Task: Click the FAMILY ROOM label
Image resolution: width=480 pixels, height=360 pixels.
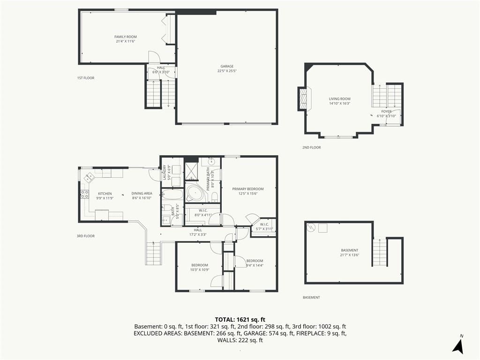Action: pos(126,37)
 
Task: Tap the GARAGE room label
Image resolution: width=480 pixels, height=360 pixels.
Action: pos(227,66)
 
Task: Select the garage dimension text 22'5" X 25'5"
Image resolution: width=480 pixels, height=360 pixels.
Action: pos(227,71)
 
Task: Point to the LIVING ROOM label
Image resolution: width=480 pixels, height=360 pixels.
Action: pos(339,99)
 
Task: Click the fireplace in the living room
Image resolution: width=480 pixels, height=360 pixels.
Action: pos(303,98)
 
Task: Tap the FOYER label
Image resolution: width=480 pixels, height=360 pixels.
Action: pos(386,112)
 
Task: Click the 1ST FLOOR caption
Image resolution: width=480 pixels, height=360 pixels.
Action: pos(86,78)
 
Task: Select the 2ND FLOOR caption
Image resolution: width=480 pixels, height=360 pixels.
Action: pos(312,148)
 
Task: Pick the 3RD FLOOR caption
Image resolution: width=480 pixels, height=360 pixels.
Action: pos(86,236)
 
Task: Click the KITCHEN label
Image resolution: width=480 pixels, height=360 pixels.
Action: pos(105,194)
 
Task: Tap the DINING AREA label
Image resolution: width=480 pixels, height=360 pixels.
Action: pos(142,194)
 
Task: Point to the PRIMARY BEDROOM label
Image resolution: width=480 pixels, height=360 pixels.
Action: pos(247,189)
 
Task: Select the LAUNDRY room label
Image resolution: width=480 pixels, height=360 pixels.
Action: pos(165,172)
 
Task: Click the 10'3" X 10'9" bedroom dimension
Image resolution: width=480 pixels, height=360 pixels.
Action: pos(200,270)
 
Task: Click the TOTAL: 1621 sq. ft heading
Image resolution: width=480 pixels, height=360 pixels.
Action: pos(240,320)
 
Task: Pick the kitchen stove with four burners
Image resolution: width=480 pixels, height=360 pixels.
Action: pos(84,194)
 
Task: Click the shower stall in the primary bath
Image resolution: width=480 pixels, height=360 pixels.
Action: pos(192,171)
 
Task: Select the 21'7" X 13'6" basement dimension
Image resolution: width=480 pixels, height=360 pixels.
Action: pos(349,255)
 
